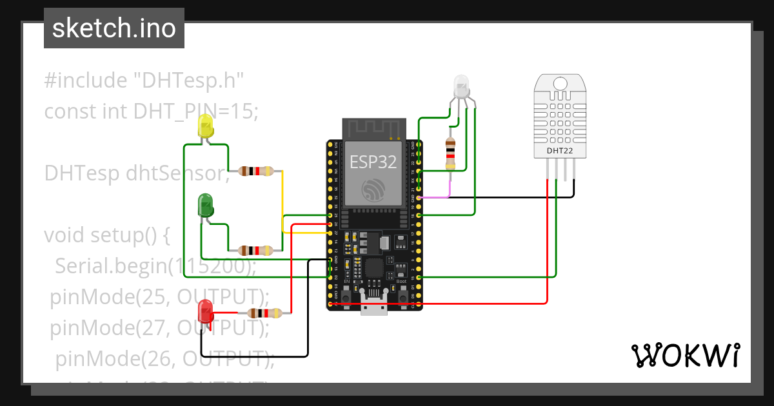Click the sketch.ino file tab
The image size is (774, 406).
(114, 28)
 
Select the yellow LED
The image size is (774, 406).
(206, 126)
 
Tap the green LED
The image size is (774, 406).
(205, 206)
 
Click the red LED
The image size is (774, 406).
(206, 311)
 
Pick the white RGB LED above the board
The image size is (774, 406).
(462, 86)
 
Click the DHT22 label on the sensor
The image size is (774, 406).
(559, 151)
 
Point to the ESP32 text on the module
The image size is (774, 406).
(373, 162)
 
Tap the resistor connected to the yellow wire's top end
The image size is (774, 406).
(256, 171)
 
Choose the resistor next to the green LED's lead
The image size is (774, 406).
(256, 250)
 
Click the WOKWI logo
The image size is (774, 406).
(685, 355)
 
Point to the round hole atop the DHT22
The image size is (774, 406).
(559, 83)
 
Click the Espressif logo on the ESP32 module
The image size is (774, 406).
(373, 191)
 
